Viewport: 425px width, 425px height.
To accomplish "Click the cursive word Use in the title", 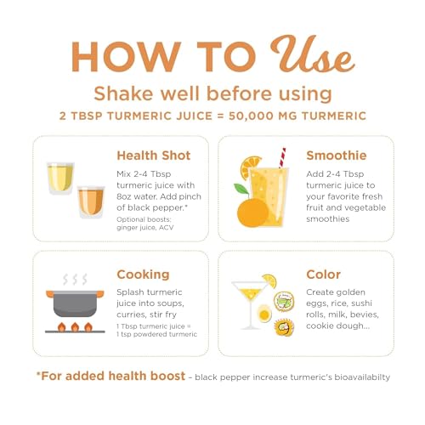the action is click(313, 54).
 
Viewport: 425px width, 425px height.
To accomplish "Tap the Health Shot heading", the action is click(154, 156).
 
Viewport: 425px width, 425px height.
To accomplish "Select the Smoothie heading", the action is click(337, 156).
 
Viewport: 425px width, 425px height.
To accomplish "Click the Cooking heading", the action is click(143, 275).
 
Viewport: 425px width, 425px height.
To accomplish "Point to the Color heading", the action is click(323, 275).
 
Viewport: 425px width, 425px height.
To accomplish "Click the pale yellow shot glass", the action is click(60, 178).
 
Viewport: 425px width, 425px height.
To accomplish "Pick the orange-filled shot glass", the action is click(91, 202).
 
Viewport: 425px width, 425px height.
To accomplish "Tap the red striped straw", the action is click(282, 158).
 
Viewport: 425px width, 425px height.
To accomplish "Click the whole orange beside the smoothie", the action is click(252, 212).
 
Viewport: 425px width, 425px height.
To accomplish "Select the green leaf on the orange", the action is click(241, 189).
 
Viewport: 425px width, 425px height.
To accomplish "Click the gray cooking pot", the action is click(75, 303).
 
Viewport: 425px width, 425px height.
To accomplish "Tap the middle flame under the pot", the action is click(75, 327).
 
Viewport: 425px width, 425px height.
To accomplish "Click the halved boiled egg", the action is click(264, 314).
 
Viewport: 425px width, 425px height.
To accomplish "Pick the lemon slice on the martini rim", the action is click(269, 280).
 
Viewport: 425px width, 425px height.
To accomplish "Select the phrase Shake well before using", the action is click(212, 93).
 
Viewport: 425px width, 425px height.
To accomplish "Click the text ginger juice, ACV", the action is click(145, 228).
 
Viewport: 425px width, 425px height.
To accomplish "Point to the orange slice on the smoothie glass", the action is click(250, 167).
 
